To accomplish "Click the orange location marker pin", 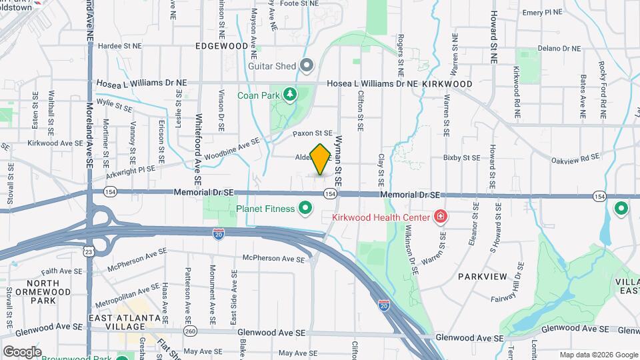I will (x=321, y=159).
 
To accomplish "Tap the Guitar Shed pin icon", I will (x=307, y=65).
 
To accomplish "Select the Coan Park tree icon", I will (x=290, y=95).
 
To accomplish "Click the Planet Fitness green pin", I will (x=306, y=209).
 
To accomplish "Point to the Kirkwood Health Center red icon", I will (x=440, y=216).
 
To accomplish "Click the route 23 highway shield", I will (x=88, y=251).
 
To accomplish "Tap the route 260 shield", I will (x=191, y=331).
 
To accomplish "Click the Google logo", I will (x=22, y=351).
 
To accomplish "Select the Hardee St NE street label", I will (x=120, y=47).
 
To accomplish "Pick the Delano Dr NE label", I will (x=561, y=49).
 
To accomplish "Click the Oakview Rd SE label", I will (x=575, y=160).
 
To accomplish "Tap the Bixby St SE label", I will (x=461, y=158).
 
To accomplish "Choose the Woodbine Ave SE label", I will (x=234, y=144).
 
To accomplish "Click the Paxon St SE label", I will (x=313, y=133).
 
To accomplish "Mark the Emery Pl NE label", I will (x=544, y=13).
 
